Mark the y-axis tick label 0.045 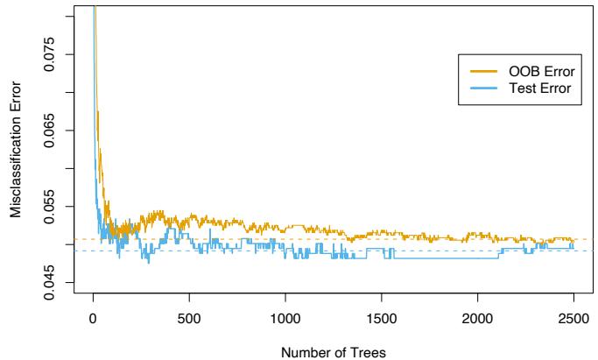[x=59, y=282]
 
